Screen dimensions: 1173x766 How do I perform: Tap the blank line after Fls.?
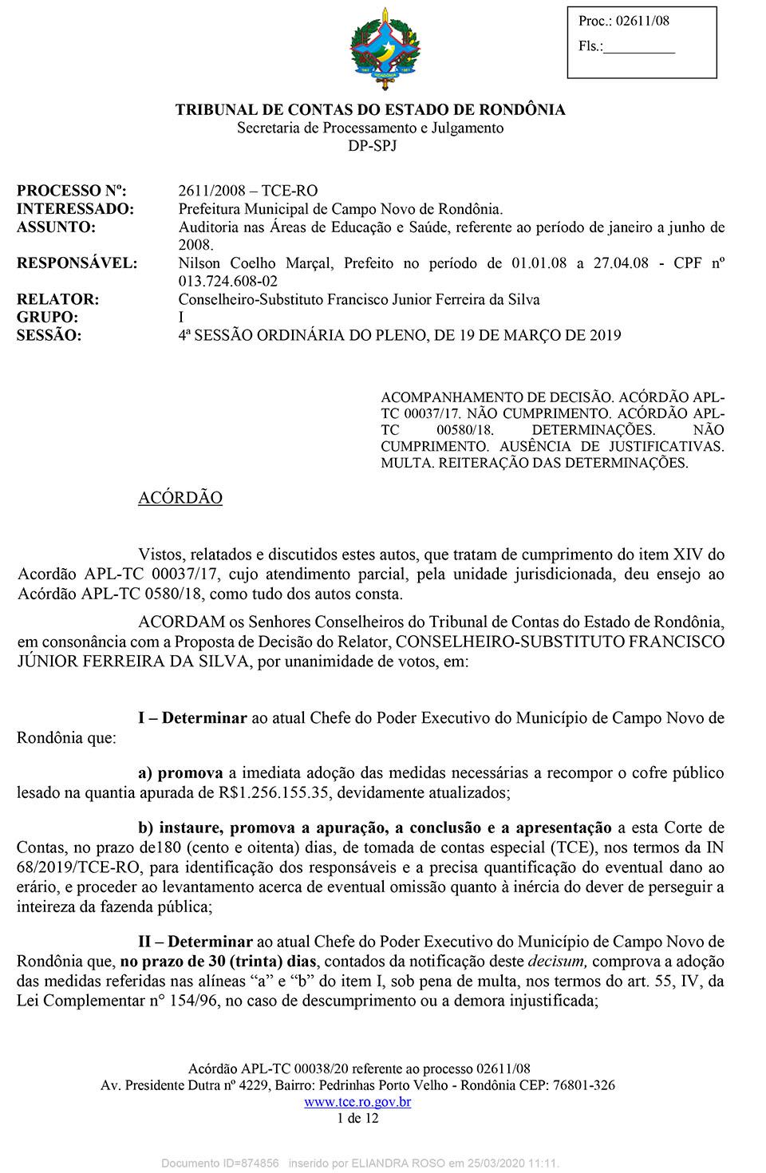pos(640,48)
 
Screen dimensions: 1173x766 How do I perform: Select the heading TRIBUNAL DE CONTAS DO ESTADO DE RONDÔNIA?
pos(370,110)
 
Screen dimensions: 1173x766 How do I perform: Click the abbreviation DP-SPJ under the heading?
pos(372,146)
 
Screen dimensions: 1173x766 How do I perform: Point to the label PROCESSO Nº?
pos(72,191)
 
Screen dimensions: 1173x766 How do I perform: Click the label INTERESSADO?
pos(75,209)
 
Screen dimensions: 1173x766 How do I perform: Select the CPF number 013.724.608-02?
pos(228,282)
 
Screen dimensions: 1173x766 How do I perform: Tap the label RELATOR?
pos(58,300)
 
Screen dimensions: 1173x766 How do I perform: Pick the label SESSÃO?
pos(49,336)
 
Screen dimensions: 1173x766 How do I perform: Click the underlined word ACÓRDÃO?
pos(180,498)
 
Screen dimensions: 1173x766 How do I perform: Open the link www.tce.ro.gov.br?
pos(358,1103)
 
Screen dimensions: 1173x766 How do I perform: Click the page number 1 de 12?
pos(358,1118)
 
